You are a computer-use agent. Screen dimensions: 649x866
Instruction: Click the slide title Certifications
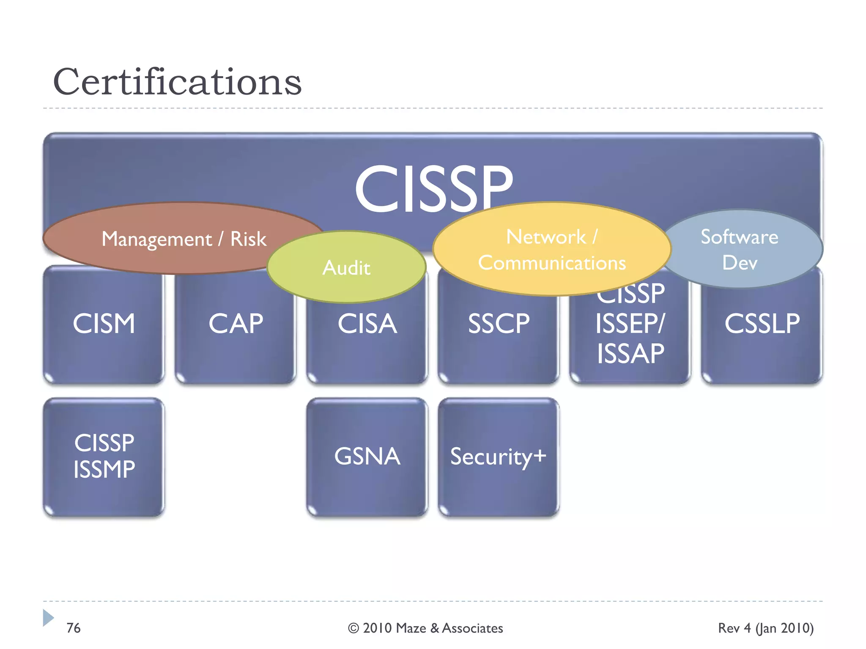(x=177, y=82)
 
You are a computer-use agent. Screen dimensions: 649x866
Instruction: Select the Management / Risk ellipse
(x=184, y=239)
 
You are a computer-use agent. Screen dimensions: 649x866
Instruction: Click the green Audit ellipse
(x=346, y=267)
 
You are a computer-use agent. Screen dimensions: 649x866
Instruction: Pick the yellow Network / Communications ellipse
(x=551, y=249)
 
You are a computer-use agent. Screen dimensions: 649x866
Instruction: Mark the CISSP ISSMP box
(x=104, y=456)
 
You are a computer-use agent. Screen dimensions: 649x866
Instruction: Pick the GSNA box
(x=367, y=456)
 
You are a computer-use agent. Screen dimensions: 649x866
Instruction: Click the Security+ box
(x=499, y=456)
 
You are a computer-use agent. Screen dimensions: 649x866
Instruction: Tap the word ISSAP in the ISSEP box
(x=630, y=354)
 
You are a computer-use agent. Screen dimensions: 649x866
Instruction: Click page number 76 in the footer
(x=73, y=628)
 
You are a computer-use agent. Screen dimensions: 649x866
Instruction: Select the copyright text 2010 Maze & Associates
(x=425, y=628)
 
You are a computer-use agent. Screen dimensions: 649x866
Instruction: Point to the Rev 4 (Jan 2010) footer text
(x=766, y=628)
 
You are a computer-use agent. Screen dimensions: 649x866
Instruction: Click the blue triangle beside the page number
(x=48, y=618)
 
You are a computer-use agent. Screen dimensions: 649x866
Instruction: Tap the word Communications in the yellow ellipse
(x=551, y=263)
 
